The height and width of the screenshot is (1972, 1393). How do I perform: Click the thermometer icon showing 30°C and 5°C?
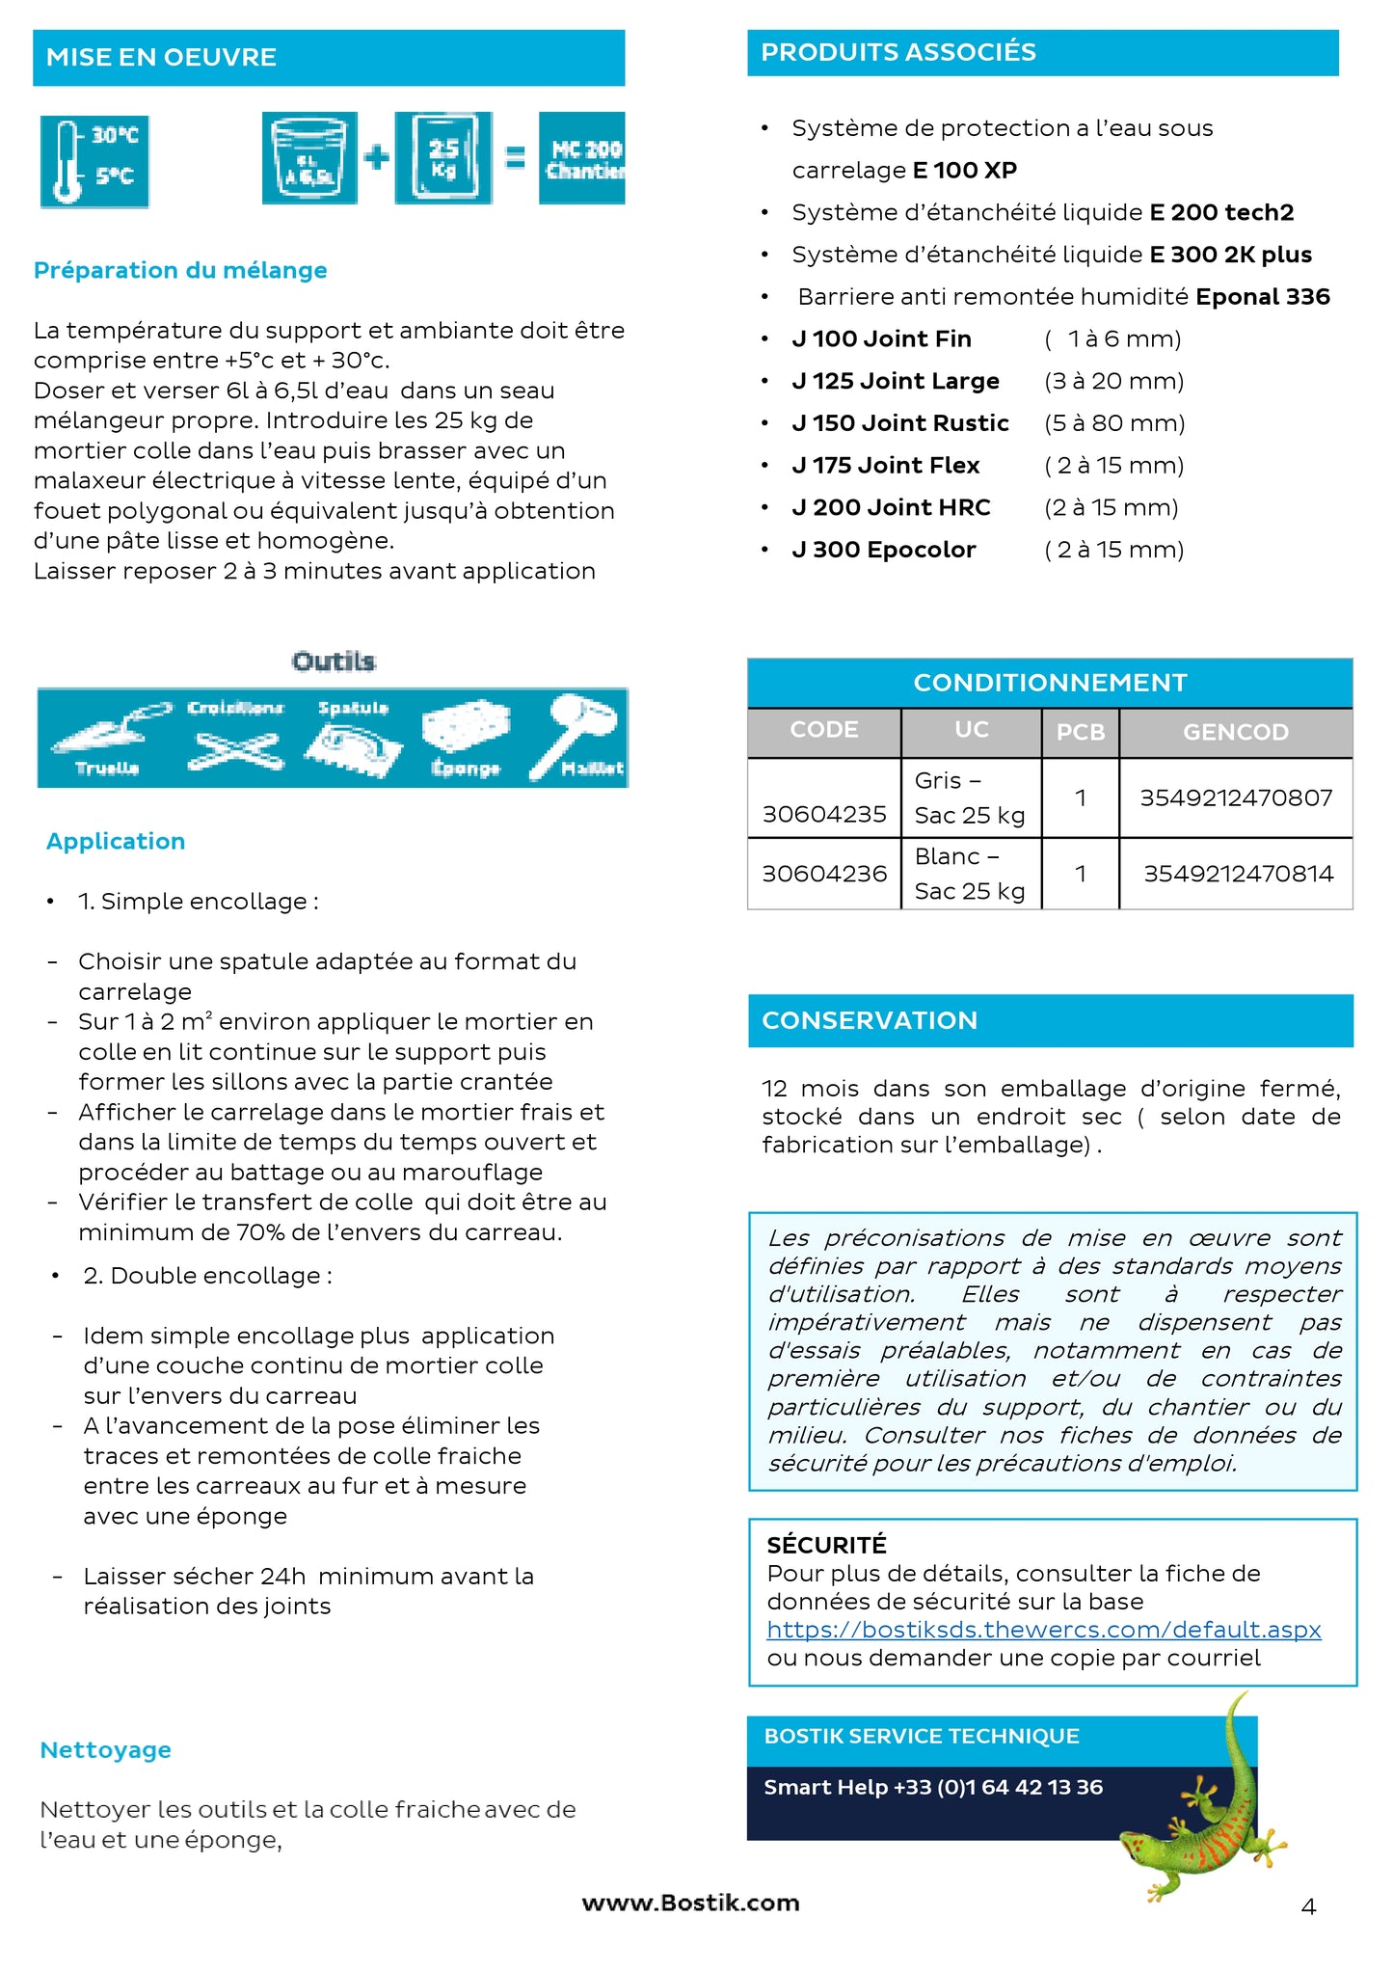94,160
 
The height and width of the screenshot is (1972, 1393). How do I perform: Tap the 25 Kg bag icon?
443,158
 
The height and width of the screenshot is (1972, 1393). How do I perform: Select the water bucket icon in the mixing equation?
309,158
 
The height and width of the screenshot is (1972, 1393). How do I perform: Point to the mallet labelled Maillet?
581,738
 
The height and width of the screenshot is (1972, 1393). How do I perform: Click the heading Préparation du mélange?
180,270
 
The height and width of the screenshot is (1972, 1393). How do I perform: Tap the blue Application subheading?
116,841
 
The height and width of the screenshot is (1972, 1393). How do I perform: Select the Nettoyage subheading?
106,1749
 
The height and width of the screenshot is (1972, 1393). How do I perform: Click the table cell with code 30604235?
824,814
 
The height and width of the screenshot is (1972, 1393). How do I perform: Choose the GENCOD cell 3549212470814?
1238,874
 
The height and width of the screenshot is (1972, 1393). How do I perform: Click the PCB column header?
1080,732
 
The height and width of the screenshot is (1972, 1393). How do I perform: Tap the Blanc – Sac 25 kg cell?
969,874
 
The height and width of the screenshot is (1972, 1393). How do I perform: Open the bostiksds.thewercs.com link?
1043,1629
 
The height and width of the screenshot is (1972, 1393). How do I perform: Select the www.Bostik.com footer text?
690,1903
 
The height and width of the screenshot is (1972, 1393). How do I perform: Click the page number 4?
1308,1906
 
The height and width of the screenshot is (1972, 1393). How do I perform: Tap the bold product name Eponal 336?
1262,297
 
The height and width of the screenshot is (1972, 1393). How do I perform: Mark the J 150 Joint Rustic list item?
900,423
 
